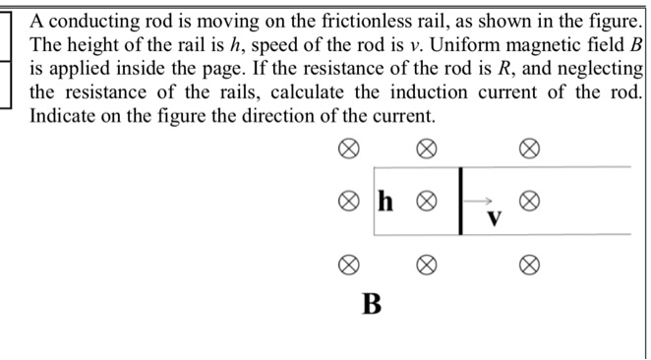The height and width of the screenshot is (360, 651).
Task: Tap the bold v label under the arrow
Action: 496,216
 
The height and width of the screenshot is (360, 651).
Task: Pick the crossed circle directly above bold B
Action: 347,265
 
